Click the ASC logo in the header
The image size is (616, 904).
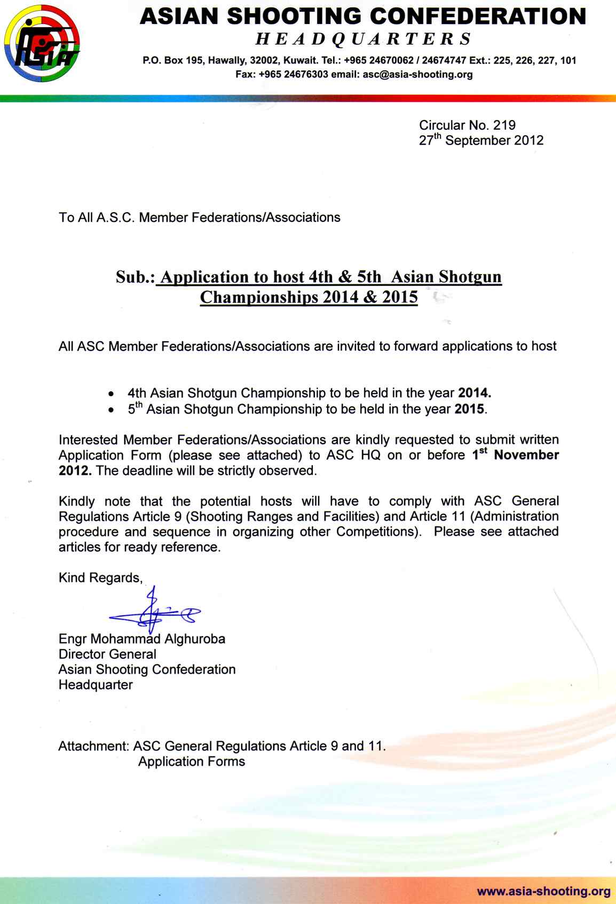tap(42, 43)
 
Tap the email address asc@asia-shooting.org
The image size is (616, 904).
tap(417, 75)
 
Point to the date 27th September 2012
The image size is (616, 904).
tap(481, 140)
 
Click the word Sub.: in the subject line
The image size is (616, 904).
tap(135, 277)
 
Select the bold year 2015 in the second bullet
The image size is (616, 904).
tap(469, 409)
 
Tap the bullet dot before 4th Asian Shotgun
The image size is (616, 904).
tap(110, 394)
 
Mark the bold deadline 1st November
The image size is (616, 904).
tap(516, 455)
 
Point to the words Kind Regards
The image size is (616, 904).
tap(100, 578)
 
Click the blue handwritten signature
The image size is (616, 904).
tap(155, 613)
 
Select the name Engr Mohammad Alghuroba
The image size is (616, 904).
tap(142, 639)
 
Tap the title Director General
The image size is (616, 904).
tap(107, 654)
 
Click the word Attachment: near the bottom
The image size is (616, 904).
tap(93, 746)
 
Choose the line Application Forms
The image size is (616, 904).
tap(192, 762)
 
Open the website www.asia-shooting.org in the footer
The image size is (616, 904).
tap(543, 891)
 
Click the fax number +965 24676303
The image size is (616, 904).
tap(293, 75)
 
